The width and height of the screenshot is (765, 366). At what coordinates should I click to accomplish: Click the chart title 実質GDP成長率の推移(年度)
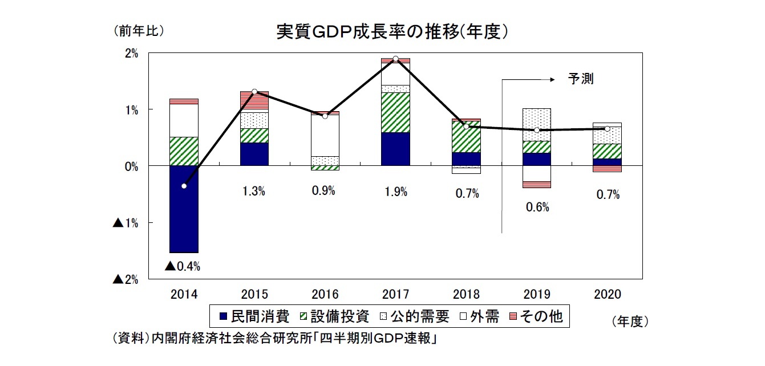pos(392,32)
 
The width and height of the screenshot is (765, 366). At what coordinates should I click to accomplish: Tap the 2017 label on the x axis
pos(395,295)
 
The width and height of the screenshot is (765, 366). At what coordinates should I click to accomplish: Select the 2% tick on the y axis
pos(131,54)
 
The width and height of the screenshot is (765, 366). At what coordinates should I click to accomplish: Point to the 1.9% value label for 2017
pos(395,192)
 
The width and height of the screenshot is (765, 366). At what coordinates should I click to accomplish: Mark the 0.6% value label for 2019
pos(537,208)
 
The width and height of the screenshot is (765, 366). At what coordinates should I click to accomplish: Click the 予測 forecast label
pos(581,79)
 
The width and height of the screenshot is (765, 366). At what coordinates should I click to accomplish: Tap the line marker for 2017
pos(395,59)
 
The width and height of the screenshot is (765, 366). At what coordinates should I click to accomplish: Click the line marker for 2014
pos(184,186)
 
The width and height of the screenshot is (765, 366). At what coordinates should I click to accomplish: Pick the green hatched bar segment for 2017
pos(395,112)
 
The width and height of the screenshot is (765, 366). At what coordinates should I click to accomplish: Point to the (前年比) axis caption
pos(139,31)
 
